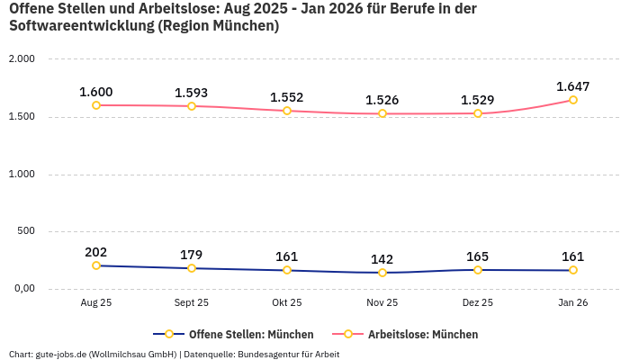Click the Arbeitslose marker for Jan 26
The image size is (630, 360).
coord(573,100)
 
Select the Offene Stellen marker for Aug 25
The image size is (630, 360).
coord(96,265)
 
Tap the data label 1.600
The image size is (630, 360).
coord(96,92)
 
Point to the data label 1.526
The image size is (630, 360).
coord(382,100)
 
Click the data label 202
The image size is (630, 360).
coord(96,252)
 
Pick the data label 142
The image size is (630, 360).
coord(382,259)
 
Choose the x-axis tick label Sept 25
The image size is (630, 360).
coord(192,303)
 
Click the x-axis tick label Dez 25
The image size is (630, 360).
coord(478,303)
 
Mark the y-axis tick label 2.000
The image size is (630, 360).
coord(21,59)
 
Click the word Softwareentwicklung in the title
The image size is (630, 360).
coord(80,26)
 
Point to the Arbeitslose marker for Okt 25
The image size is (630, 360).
coord(287,111)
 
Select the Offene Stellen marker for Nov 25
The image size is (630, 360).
coord(382,273)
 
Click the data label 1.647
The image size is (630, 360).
coord(573,86)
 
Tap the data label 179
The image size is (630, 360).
coord(192,255)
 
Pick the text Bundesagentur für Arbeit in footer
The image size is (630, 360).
coord(291,354)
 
